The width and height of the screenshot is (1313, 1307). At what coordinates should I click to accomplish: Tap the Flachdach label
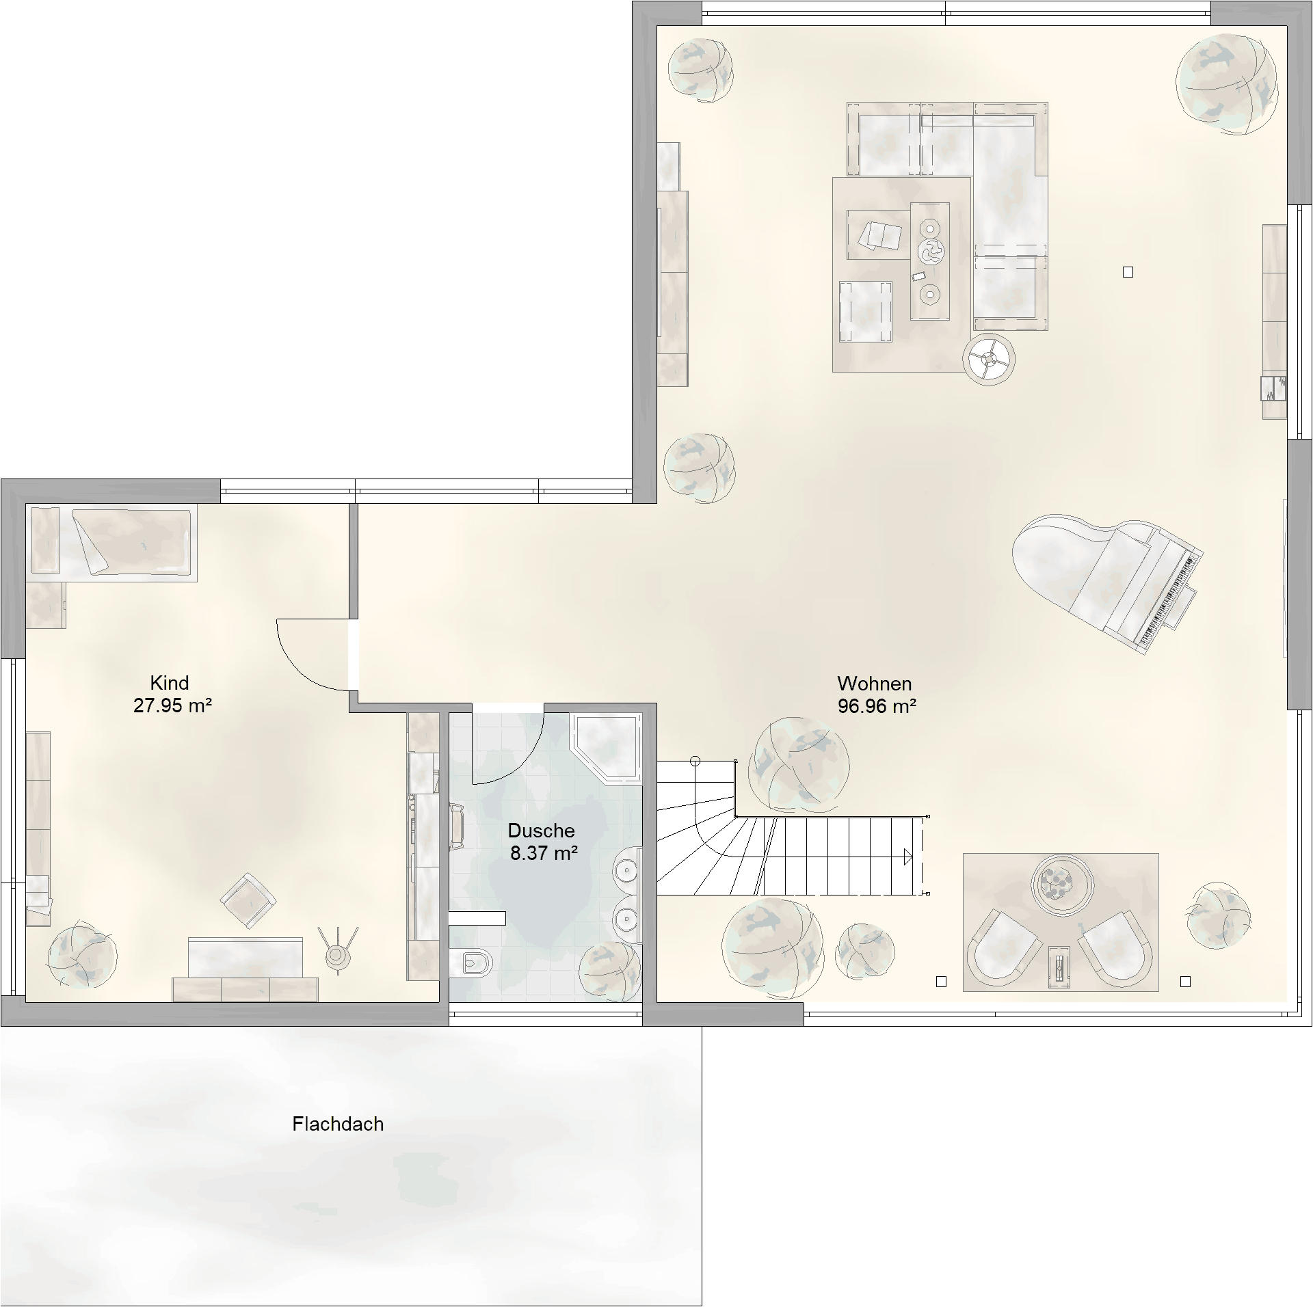point(338,1124)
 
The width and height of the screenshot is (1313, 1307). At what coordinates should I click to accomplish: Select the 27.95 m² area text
point(172,705)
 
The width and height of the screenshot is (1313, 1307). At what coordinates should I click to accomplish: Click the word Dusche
point(541,831)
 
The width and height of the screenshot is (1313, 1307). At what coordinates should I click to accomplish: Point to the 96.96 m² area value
point(877,706)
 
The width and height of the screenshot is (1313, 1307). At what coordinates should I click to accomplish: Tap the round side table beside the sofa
point(988,360)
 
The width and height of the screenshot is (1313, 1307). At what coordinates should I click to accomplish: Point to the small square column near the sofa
point(1128,272)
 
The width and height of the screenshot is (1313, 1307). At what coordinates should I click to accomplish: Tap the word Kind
point(170,683)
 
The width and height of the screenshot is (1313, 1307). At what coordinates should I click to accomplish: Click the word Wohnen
point(874,684)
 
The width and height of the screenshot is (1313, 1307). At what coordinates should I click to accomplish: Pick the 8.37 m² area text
point(544,853)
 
